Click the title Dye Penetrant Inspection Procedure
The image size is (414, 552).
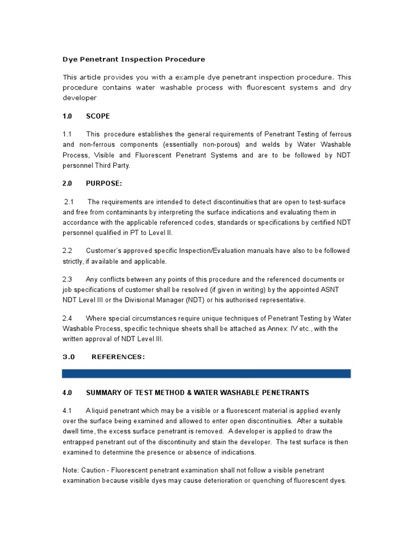(134, 59)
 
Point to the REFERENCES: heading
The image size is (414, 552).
(118, 356)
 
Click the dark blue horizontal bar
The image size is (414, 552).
(206, 374)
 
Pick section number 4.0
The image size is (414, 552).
(67, 392)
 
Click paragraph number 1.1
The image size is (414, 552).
(67, 134)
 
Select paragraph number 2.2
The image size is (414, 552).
(67, 251)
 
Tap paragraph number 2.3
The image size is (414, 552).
(67, 279)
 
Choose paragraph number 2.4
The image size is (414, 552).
(67, 318)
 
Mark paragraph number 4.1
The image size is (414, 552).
(67, 411)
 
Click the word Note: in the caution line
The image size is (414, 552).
(71, 471)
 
